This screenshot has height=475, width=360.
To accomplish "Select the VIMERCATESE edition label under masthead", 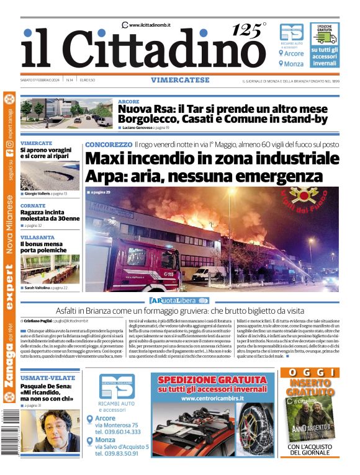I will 179,80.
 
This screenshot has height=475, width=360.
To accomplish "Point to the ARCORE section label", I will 128,101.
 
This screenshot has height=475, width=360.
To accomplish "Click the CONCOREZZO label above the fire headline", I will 109,144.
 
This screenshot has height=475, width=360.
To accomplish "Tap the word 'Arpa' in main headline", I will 102,175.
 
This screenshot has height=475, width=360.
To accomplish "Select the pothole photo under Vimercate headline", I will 49,176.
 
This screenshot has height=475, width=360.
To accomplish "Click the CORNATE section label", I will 32,205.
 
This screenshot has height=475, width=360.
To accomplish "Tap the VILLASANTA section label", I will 37,237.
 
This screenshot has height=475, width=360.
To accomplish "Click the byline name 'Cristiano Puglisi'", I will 38,321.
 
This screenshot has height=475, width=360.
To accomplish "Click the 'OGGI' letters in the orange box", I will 309,372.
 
